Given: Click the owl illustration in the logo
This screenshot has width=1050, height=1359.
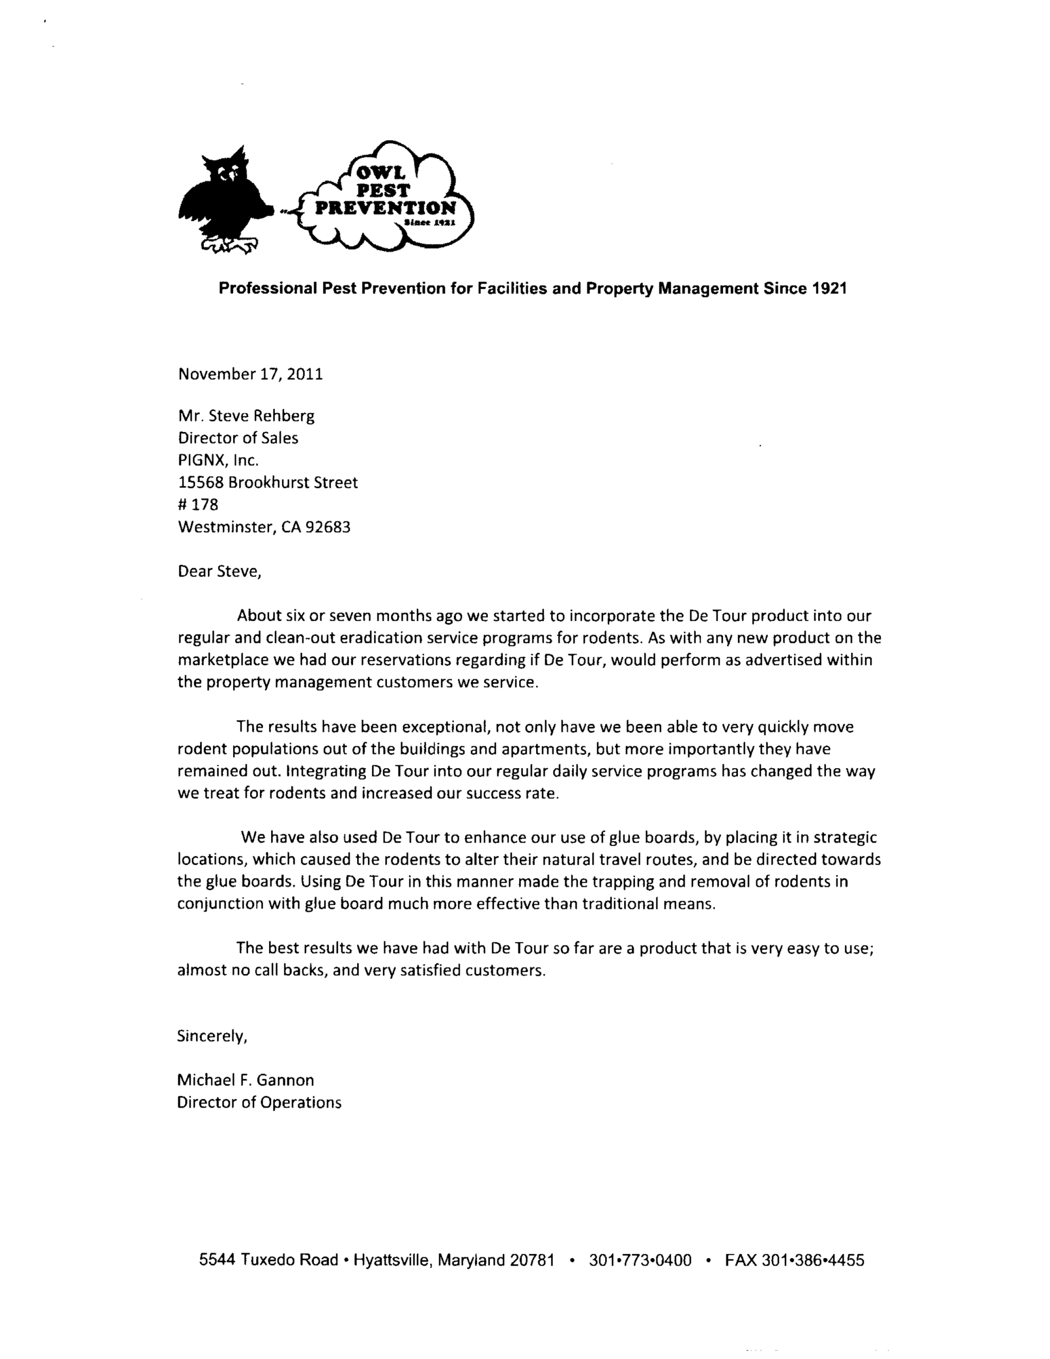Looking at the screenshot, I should click(x=224, y=199).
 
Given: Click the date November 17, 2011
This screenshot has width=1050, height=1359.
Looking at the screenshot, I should click(x=250, y=374).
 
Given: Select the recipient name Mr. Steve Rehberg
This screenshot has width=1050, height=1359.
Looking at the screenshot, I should click(x=246, y=416).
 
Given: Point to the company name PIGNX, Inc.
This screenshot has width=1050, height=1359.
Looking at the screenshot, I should click(x=218, y=460).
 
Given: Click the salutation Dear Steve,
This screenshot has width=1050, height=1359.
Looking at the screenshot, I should click(x=219, y=571).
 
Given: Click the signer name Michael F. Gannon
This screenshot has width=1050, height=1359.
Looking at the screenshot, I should click(x=245, y=1080).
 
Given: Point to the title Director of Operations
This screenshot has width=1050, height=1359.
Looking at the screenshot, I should click(x=259, y=1102).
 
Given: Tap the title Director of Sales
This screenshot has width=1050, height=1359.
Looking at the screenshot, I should click(x=238, y=438).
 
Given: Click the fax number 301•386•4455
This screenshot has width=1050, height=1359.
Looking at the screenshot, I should click(x=813, y=1260).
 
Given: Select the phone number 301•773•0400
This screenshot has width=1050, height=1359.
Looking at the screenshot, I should click(x=640, y=1260).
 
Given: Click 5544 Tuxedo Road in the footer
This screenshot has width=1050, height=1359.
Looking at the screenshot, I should click(x=268, y=1260).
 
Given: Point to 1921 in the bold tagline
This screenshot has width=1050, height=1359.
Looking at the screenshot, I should click(x=830, y=288).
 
